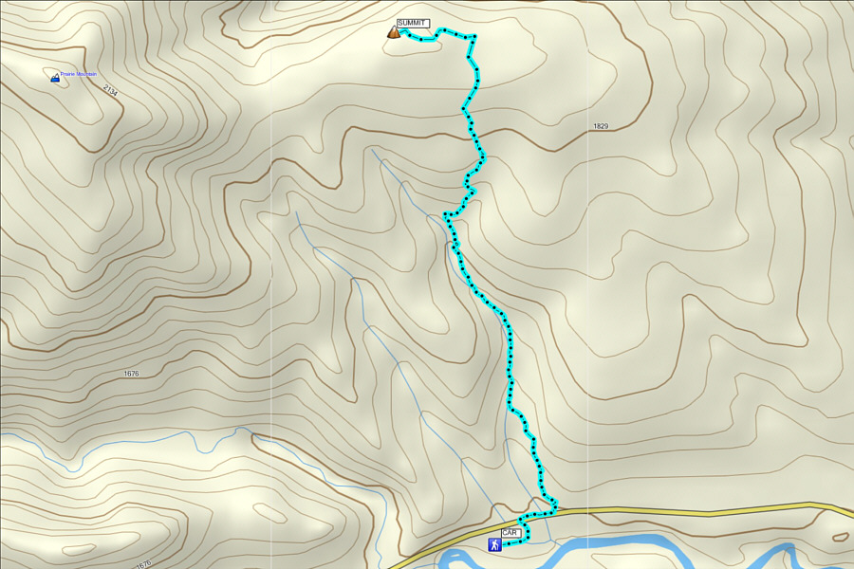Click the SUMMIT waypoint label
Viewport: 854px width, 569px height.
pos(412,23)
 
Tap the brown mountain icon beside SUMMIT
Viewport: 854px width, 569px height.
pos(393,32)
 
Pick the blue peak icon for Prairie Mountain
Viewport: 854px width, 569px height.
pos(54,78)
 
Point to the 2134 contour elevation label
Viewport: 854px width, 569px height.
pos(110,91)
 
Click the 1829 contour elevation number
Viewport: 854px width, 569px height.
pos(600,126)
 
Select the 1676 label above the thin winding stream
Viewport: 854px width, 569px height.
pos(131,374)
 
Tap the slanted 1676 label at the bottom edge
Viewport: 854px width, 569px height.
pos(143,564)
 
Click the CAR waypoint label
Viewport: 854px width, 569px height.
pos(510,533)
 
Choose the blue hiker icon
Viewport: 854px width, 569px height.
pos(493,545)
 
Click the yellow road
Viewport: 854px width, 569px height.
pos(683,511)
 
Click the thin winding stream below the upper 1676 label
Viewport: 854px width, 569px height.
pos(142,438)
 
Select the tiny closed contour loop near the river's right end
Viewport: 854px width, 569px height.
pos(839,537)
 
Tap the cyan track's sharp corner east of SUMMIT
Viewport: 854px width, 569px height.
pos(473,38)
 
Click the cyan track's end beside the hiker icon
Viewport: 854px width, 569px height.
pos(510,543)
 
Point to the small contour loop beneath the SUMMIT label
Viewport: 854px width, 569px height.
pos(418,42)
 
